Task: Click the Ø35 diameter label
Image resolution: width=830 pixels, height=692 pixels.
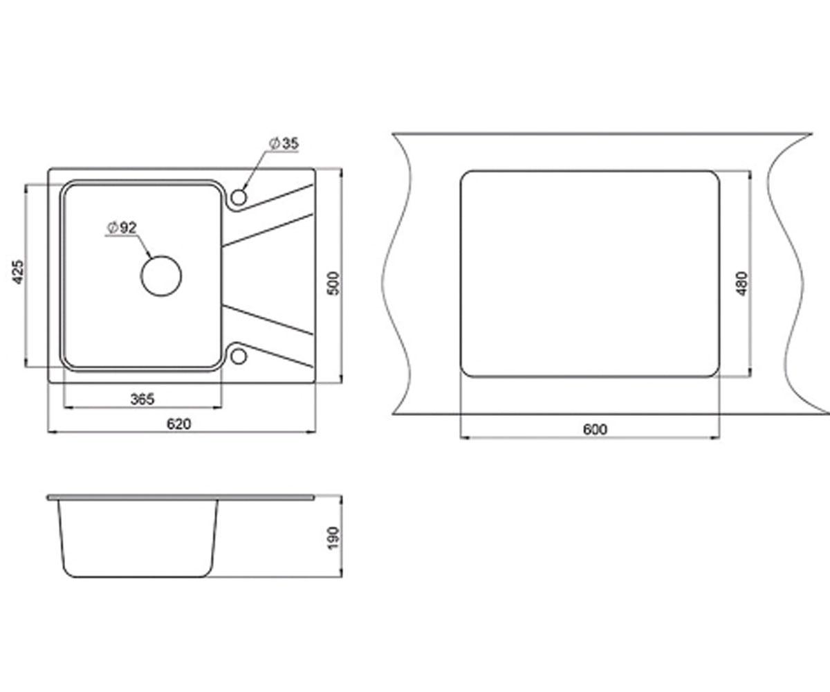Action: tap(284, 143)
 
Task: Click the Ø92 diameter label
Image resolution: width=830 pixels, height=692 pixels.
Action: tap(122, 228)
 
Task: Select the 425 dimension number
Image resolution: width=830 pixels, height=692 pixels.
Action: tap(18, 272)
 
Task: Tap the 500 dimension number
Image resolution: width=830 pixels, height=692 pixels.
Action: tap(334, 283)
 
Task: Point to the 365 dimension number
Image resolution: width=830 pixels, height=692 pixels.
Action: tap(142, 399)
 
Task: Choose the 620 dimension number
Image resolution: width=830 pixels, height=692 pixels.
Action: tap(179, 424)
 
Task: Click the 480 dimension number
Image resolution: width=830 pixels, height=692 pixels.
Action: tap(741, 284)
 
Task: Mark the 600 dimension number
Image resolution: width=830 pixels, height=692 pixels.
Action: tap(595, 430)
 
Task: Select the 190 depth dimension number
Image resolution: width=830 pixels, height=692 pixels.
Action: tap(333, 538)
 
